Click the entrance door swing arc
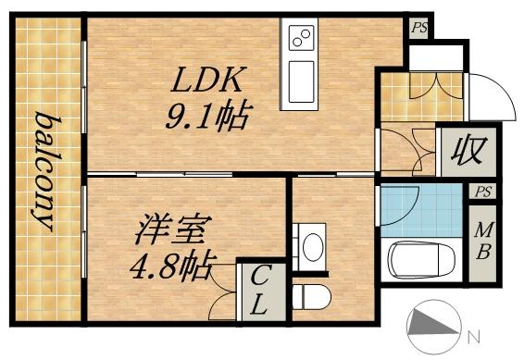487,94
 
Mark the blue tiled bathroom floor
421,205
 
